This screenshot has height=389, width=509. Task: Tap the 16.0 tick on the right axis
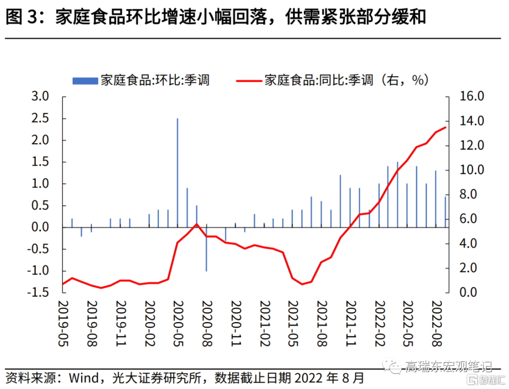click(x=471, y=97)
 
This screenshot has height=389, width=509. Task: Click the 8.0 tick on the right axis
click(x=473, y=194)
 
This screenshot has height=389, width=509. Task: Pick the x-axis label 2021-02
click(x=265, y=324)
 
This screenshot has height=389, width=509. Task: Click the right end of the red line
click(x=445, y=127)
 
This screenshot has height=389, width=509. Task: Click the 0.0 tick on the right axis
click(x=473, y=292)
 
